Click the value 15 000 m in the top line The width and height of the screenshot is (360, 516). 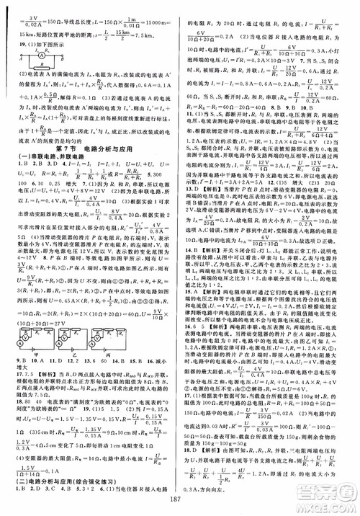click(x=160, y=13)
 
